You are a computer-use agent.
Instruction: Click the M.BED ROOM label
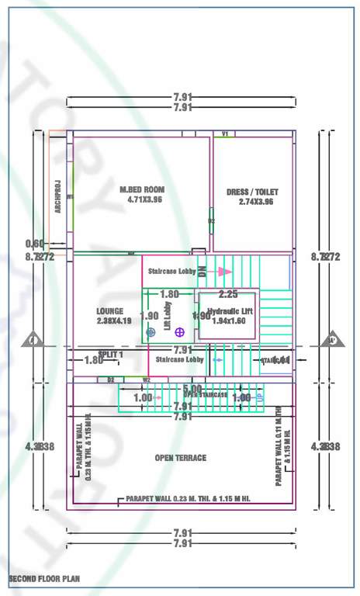click(x=142, y=189)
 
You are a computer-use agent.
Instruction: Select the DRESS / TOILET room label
click(x=252, y=192)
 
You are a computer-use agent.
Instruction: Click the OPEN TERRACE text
click(x=181, y=458)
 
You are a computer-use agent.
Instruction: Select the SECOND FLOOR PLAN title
click(x=43, y=579)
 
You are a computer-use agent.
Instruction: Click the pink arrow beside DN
click(x=224, y=272)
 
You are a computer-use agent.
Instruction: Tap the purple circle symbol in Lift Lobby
click(x=179, y=331)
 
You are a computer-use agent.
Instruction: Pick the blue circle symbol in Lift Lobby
click(x=151, y=332)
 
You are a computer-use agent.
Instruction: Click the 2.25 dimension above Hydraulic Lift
click(x=228, y=294)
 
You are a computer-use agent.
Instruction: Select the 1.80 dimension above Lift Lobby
click(x=169, y=294)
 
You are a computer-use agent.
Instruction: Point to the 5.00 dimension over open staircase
click(x=192, y=388)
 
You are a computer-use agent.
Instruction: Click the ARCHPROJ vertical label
click(x=57, y=189)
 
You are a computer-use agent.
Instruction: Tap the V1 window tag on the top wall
click(x=225, y=134)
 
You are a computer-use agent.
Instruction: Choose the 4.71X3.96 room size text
click(x=145, y=199)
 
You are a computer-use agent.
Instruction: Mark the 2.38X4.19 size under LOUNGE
click(x=113, y=321)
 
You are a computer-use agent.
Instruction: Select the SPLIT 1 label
click(x=111, y=354)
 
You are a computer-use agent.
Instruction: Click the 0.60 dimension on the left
click(x=35, y=244)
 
